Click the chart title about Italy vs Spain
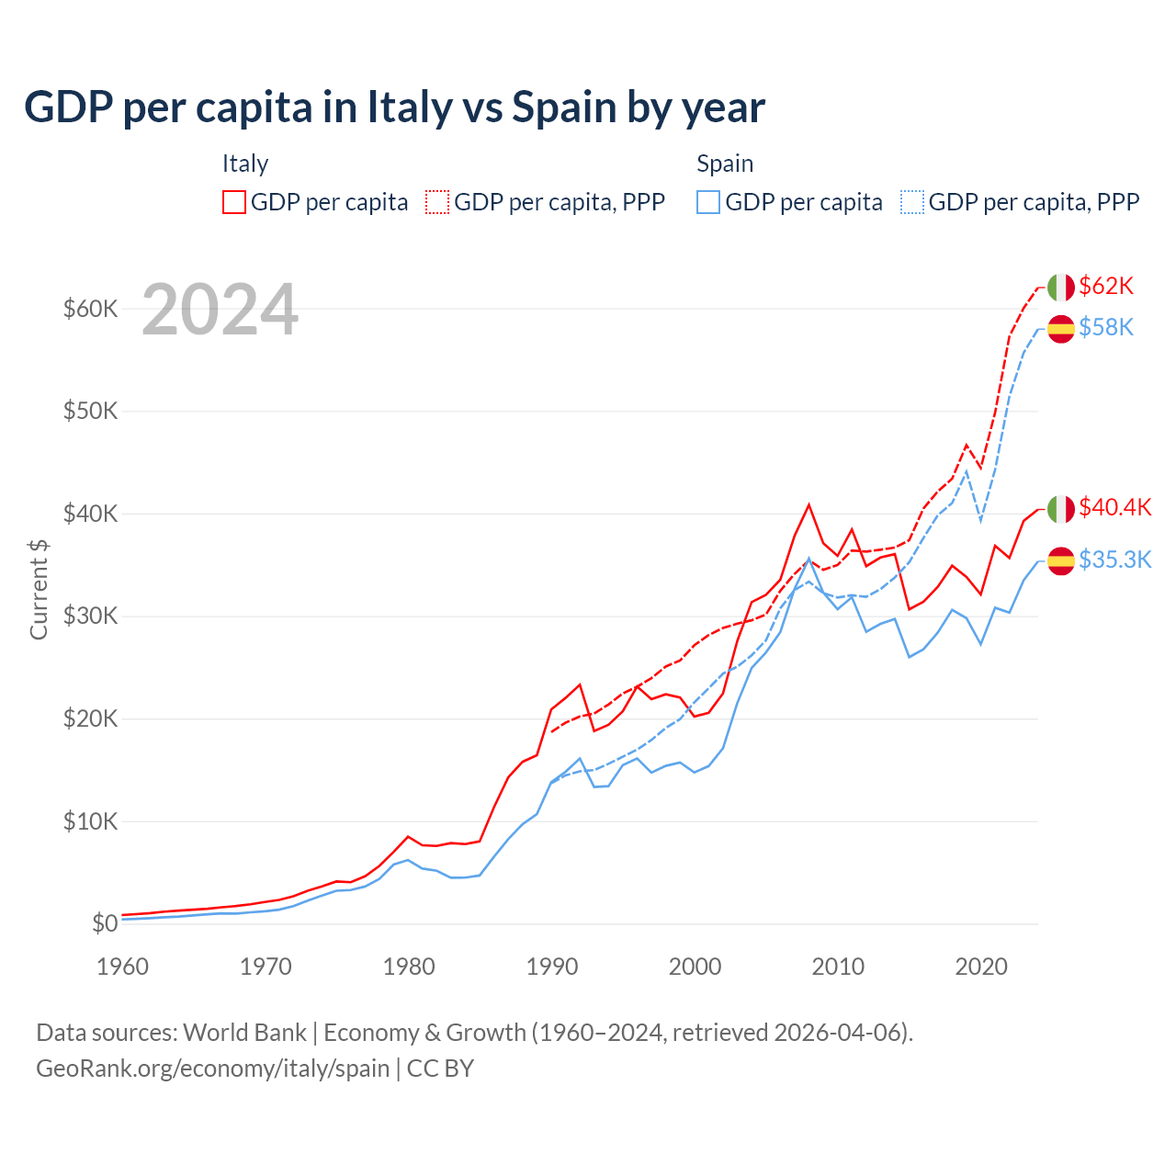tap(394, 107)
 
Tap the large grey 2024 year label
tap(220, 310)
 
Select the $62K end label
tap(1106, 286)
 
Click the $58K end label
tap(1106, 327)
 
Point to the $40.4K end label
tap(1114, 507)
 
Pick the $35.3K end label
tap(1114, 560)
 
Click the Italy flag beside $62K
tap(1061, 287)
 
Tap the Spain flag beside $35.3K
tap(1061, 560)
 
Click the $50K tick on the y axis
tap(90, 411)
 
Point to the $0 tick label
tap(105, 923)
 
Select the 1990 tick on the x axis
tap(552, 967)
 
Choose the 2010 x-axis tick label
tap(838, 967)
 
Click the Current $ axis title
tap(39, 589)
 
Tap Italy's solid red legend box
tap(234, 202)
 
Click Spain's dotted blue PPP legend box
tap(912, 202)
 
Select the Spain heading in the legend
tap(725, 164)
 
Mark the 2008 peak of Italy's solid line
tap(808, 504)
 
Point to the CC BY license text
tap(440, 1069)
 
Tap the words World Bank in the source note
tap(244, 1033)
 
